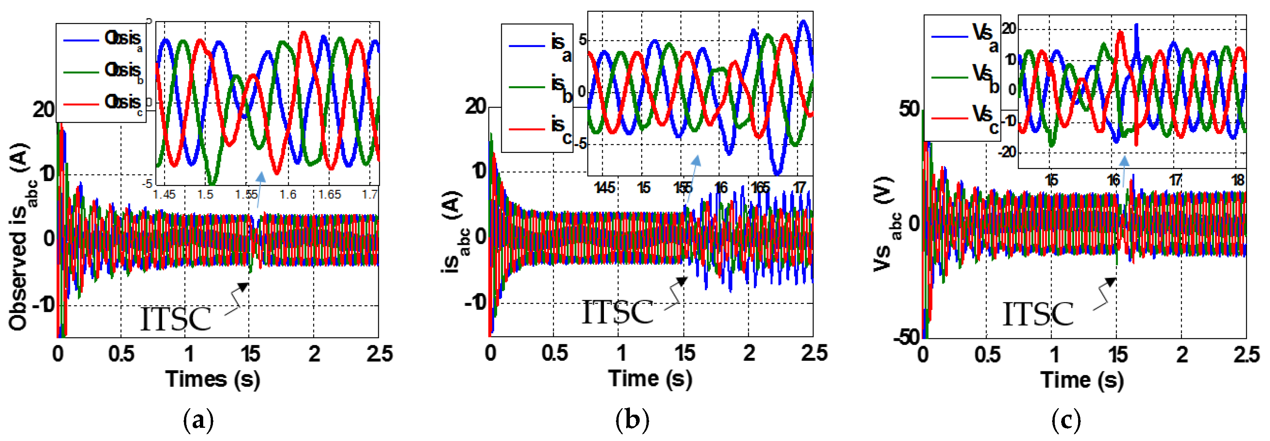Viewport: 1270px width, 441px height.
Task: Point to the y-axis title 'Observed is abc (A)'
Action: pyautogui.click(x=22, y=237)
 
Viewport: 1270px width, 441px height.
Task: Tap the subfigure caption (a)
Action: pyautogui.click(x=198, y=421)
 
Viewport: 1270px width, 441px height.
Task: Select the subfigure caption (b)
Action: pyautogui.click(x=632, y=421)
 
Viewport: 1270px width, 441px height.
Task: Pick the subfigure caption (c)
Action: pyautogui.click(x=1066, y=421)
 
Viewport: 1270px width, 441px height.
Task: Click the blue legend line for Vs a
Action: pyautogui.click(x=949, y=36)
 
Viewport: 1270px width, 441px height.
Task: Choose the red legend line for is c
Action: pyautogui.click(x=526, y=129)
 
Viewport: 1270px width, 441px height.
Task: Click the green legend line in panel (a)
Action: pyautogui.click(x=81, y=72)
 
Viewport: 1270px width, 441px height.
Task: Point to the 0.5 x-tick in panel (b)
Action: pyautogui.click(x=555, y=353)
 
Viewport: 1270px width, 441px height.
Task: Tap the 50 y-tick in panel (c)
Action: pyautogui.click(x=909, y=109)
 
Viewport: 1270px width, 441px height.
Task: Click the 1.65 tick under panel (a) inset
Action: pyautogui.click(x=329, y=194)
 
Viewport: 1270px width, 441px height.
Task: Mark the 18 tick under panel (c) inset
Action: pyautogui.click(x=1238, y=180)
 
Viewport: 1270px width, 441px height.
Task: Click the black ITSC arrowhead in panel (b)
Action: pyautogui.click(x=682, y=281)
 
